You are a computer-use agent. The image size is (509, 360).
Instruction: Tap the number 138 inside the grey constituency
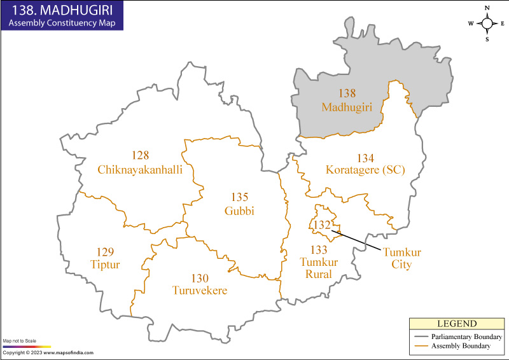[x=347, y=93]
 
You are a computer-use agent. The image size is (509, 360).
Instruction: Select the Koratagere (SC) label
[x=365, y=170]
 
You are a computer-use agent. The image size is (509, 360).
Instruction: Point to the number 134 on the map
[x=365, y=158]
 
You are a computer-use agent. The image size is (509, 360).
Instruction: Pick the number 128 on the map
[x=141, y=156]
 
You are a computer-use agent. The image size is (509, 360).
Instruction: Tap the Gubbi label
[x=239, y=211]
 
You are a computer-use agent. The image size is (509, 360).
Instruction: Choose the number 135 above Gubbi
[x=239, y=198]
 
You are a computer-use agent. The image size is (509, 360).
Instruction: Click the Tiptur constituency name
[x=104, y=263]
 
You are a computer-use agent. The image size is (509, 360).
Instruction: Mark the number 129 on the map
[x=104, y=251]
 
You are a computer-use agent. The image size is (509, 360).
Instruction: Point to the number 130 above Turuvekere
[x=200, y=278]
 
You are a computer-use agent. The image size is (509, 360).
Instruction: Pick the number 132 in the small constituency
[x=322, y=225]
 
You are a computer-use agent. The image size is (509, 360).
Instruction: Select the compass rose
[x=487, y=24]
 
